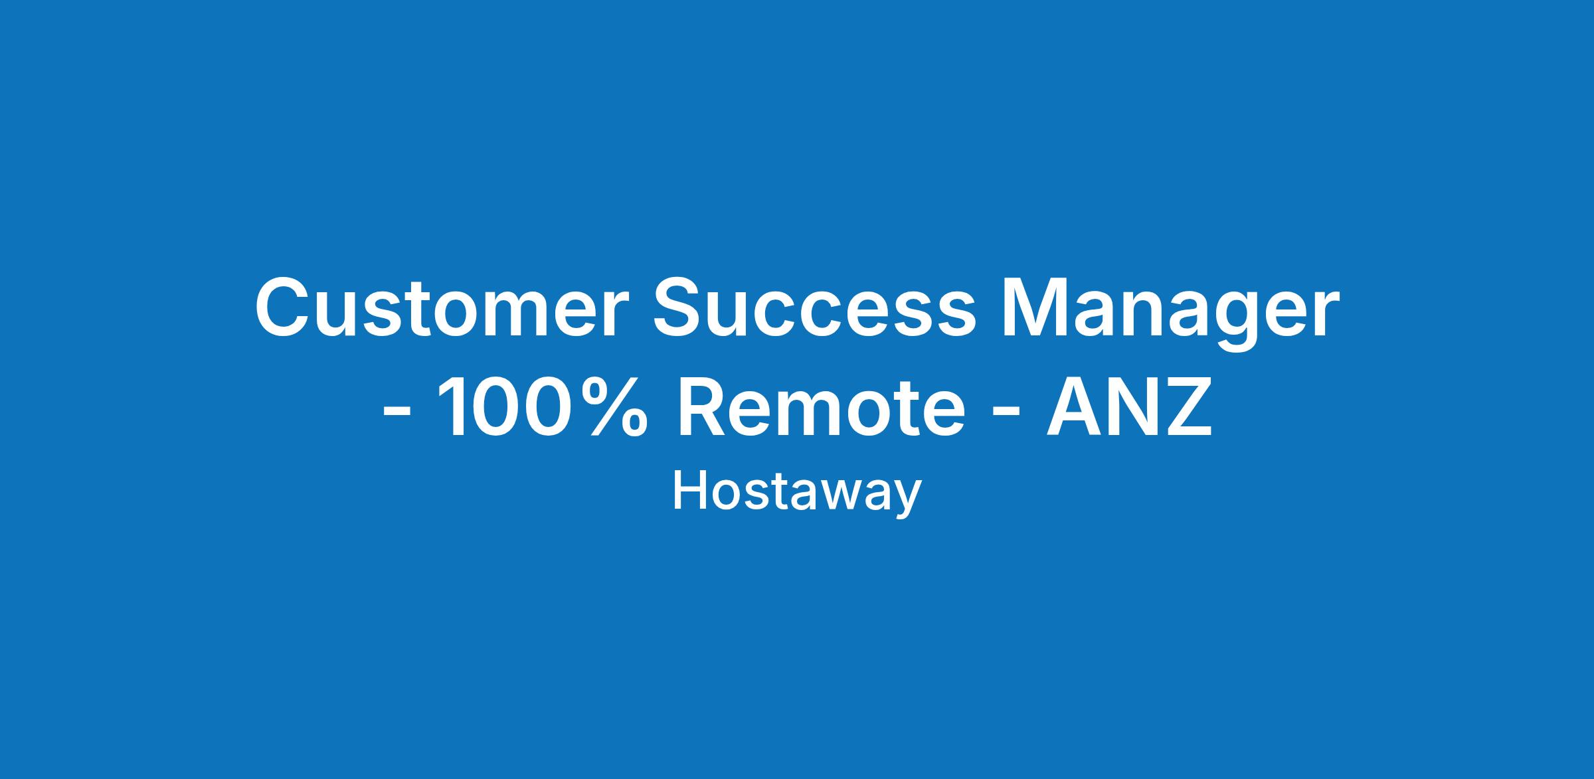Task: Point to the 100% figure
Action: coord(543,406)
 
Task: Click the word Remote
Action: coord(821,406)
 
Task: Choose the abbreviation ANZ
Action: coord(1129,406)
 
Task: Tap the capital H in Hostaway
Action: coord(688,491)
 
